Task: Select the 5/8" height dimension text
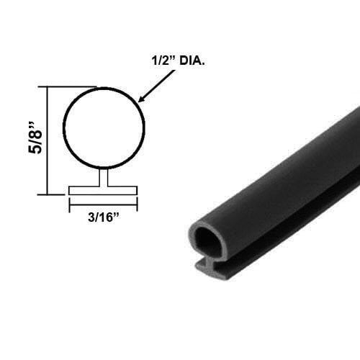28,140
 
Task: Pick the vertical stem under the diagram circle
104,178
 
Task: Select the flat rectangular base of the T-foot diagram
104,191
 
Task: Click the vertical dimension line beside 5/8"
48,141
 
